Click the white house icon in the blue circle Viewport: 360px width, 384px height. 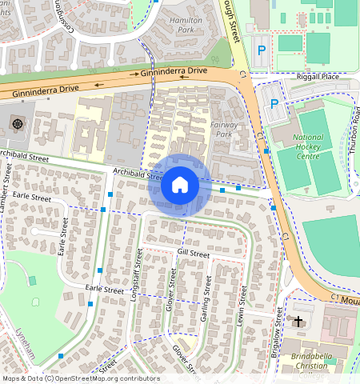click(179, 185)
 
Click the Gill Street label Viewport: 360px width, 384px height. click(193, 254)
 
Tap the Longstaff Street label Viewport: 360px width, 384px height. click(136, 272)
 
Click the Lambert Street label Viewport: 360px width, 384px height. click(7, 187)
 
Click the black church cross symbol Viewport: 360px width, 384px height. click(298, 322)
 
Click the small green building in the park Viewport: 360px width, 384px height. click(32, 281)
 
